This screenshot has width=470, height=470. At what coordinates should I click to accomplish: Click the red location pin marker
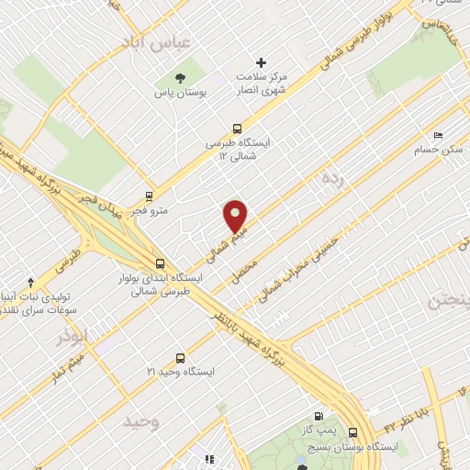[x=237, y=217]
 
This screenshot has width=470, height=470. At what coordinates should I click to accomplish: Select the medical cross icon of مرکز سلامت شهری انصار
[x=262, y=62]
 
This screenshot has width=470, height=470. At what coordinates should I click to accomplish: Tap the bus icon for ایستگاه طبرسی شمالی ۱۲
[x=238, y=129]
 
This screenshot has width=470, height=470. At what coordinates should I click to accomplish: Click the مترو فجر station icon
[x=150, y=196]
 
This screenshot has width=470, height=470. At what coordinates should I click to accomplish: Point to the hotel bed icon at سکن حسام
[x=436, y=135]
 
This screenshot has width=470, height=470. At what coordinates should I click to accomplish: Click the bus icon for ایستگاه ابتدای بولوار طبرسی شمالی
[x=160, y=263]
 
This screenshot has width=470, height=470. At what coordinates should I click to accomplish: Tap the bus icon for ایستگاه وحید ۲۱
[x=179, y=358]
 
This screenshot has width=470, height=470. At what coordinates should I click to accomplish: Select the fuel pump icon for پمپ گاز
[x=319, y=416]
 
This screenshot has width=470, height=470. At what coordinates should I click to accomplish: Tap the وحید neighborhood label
[x=142, y=421]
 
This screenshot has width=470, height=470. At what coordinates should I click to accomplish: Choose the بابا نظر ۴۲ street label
[x=400, y=420]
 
